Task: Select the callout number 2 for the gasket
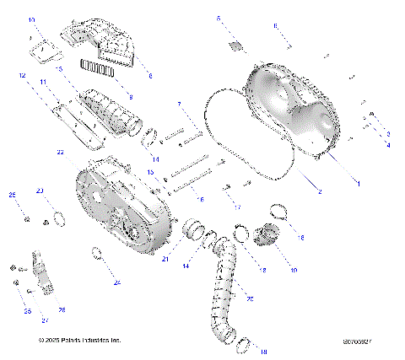[x=320, y=192]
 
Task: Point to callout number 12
[x=23, y=76]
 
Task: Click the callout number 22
[x=60, y=153]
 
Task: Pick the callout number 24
[x=117, y=282]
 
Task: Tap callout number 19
[x=294, y=271]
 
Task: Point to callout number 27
[x=45, y=320]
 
